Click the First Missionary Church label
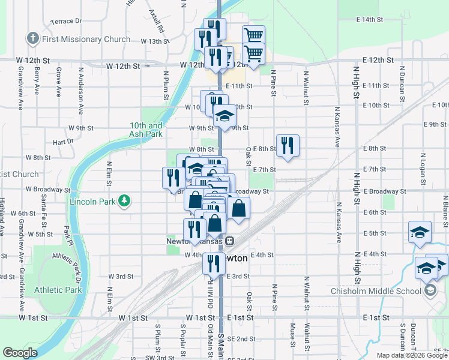click(86, 39)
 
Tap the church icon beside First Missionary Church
click(32, 39)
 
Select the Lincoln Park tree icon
click(124, 200)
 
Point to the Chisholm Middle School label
click(376, 292)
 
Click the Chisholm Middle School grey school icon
click(430, 291)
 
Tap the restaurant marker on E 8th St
click(288, 145)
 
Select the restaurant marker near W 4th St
click(214, 263)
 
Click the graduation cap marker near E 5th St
click(420, 232)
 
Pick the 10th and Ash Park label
click(146, 130)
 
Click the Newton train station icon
click(229, 241)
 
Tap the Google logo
click(20, 353)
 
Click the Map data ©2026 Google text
click(412, 355)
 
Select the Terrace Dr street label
click(66, 21)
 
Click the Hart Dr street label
click(62, 142)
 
